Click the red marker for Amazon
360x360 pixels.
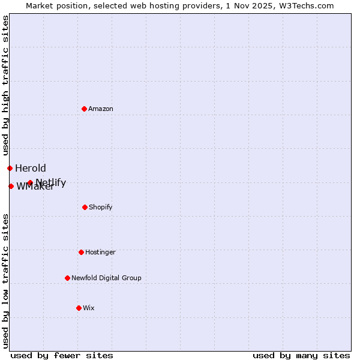click(x=84, y=109)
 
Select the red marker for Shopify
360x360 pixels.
click(x=85, y=207)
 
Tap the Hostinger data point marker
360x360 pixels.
click(x=81, y=252)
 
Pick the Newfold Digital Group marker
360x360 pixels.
click(x=67, y=278)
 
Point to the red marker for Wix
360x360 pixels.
click(x=79, y=308)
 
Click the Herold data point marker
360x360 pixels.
click(x=10, y=168)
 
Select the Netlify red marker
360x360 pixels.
click(x=30, y=182)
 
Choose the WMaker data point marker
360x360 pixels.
click(x=11, y=186)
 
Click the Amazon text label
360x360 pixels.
click(x=101, y=109)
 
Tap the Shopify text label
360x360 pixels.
click(x=101, y=207)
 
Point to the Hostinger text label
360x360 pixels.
click(x=100, y=252)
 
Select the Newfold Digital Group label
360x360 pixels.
click(x=106, y=278)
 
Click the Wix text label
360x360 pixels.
click(x=89, y=308)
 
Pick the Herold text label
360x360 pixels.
click(x=31, y=168)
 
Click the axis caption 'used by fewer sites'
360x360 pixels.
click(x=62, y=355)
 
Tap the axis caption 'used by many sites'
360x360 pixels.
click(x=301, y=355)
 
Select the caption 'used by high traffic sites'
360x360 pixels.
click(x=5, y=85)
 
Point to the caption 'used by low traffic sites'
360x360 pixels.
click(x=5, y=281)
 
